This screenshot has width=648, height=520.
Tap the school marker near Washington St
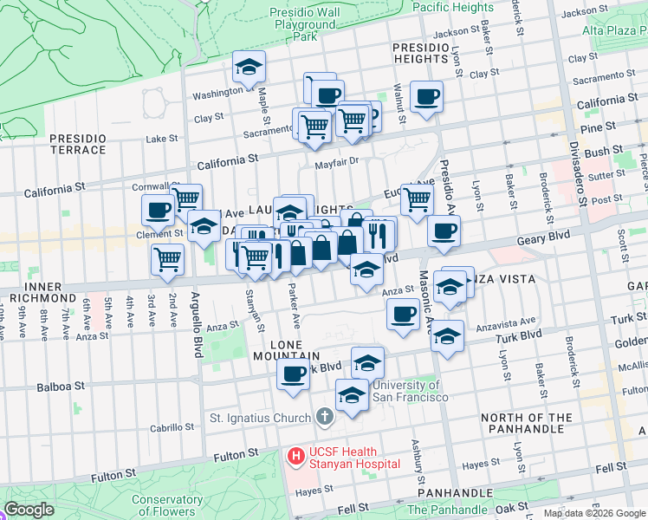pos(249,68)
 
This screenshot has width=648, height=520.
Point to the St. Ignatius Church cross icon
pos(324,419)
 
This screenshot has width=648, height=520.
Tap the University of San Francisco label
pos(405,391)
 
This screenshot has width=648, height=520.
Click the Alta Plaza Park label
pos(615,30)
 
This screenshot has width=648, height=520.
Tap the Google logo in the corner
pos(29,510)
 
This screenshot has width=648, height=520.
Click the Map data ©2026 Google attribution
pos(593,513)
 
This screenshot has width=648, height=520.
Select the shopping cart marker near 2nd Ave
pos(167,258)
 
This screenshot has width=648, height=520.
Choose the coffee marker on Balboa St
pos(293,375)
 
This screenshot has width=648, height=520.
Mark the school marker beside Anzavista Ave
pos(446,336)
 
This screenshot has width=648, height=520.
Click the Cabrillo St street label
pos(172,427)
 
